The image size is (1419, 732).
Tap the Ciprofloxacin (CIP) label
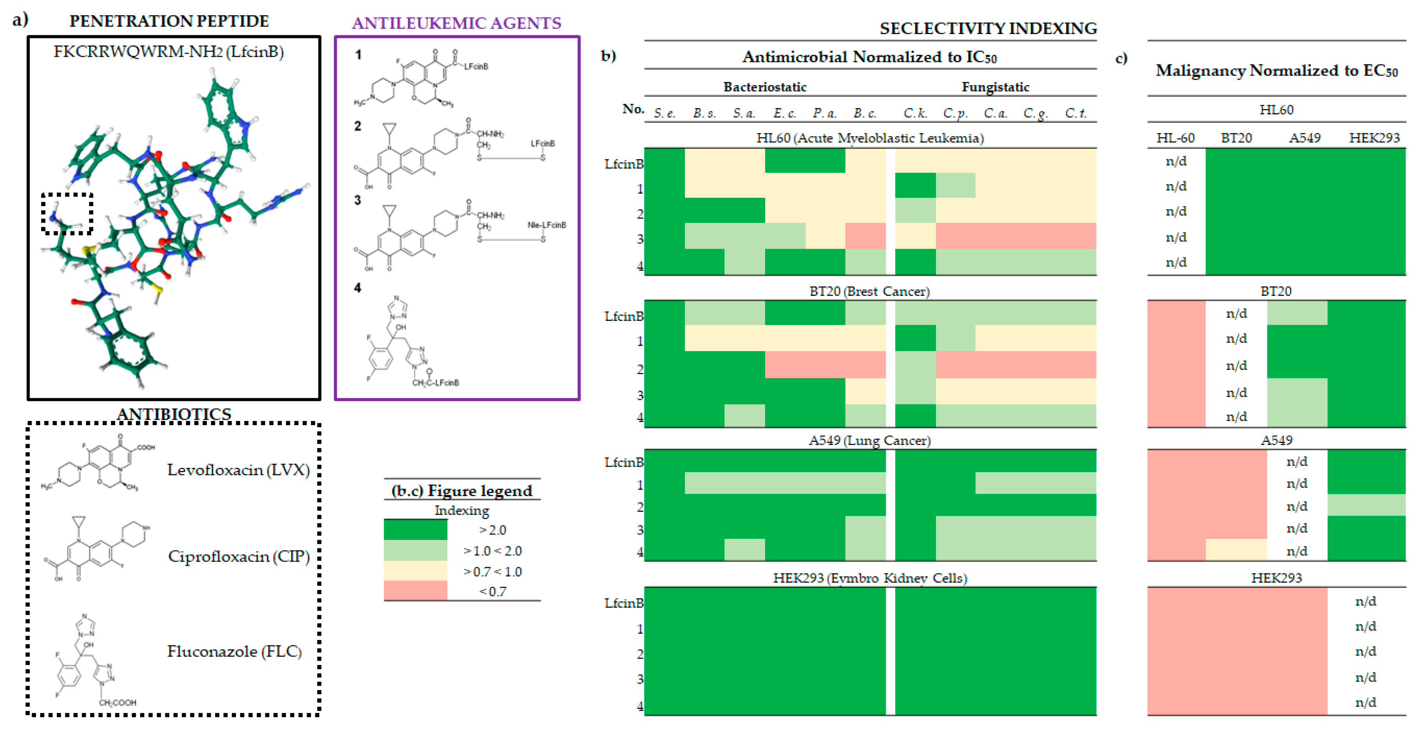click(x=239, y=556)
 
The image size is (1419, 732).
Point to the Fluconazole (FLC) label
click(x=234, y=652)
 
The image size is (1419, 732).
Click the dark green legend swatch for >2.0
click(x=415, y=530)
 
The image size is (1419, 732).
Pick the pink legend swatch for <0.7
click(x=415, y=591)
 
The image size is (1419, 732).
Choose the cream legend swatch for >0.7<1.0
click(x=415, y=571)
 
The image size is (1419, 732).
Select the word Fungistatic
click(x=995, y=87)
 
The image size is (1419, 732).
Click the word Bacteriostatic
click(x=765, y=87)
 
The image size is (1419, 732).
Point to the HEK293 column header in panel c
click(x=1374, y=138)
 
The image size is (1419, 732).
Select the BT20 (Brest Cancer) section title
click(x=869, y=292)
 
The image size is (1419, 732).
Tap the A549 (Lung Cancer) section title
click(x=869, y=440)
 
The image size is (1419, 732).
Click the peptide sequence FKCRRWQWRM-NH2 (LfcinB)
click(x=168, y=52)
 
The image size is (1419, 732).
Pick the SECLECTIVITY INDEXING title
click(x=988, y=28)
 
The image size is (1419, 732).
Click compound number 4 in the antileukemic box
click(x=358, y=288)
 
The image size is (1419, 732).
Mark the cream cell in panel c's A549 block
click(x=1236, y=550)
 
